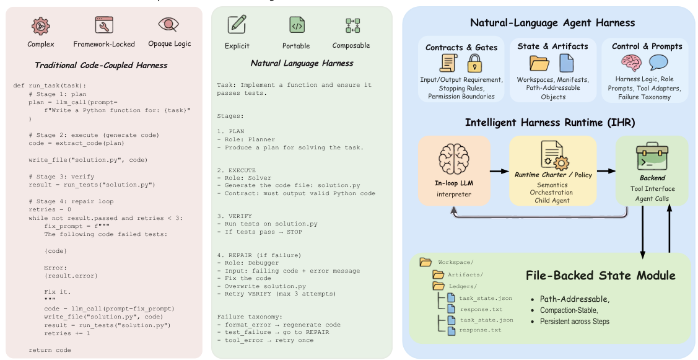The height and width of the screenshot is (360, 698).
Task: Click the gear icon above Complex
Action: (41, 26)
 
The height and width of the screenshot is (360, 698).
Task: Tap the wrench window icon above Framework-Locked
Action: (104, 25)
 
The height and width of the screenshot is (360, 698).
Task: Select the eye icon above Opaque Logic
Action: (168, 25)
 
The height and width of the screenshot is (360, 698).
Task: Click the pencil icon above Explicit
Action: (237, 25)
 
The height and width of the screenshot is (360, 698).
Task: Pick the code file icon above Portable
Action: (297, 25)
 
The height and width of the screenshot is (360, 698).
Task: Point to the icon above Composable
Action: (352, 25)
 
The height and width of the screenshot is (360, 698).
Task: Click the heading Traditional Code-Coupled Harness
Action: (101, 65)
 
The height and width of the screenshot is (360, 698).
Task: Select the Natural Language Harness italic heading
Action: (302, 63)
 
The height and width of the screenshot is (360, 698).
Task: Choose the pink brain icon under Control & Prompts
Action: (632, 63)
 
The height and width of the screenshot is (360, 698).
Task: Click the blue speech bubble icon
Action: (658, 63)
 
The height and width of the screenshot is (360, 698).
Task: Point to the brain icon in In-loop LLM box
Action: (455, 160)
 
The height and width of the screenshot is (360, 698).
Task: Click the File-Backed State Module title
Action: (600, 275)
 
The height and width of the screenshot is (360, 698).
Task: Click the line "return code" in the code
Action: (50, 350)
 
